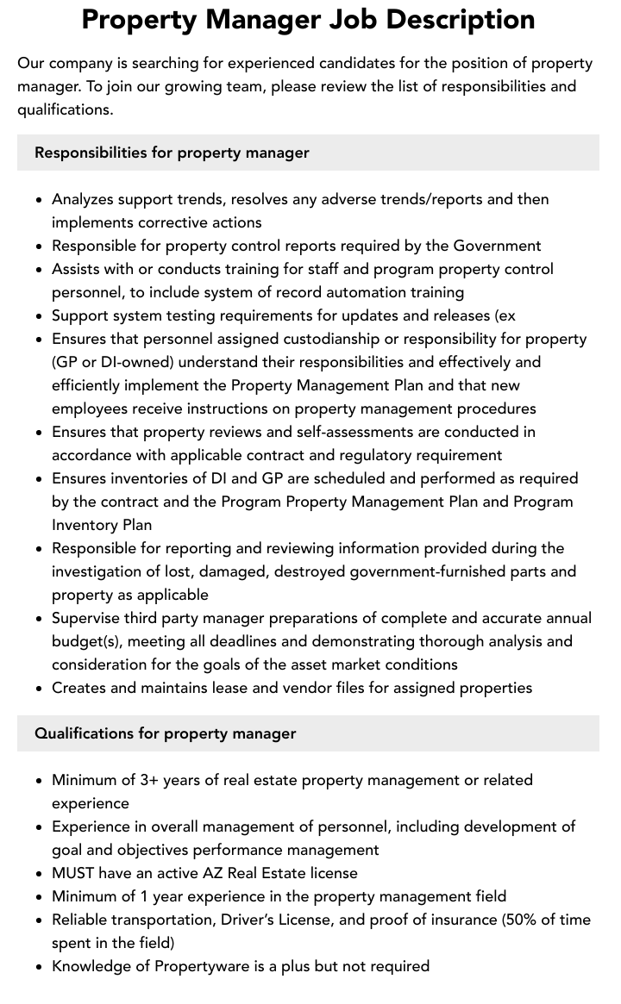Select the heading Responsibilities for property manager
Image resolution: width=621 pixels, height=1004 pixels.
[x=172, y=153]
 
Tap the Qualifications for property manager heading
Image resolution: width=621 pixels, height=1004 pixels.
[x=165, y=733]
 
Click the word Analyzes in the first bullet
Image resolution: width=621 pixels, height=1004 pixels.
[x=82, y=199]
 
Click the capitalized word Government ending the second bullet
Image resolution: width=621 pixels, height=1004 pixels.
[x=498, y=246]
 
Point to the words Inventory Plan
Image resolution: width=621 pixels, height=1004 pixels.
[x=102, y=525]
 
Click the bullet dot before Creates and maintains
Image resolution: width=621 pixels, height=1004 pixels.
[x=39, y=689]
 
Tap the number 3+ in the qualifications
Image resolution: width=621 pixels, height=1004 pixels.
[x=150, y=780]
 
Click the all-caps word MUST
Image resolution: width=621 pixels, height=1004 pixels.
[x=73, y=873]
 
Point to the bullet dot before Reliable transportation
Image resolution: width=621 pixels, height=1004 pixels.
[x=39, y=920]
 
